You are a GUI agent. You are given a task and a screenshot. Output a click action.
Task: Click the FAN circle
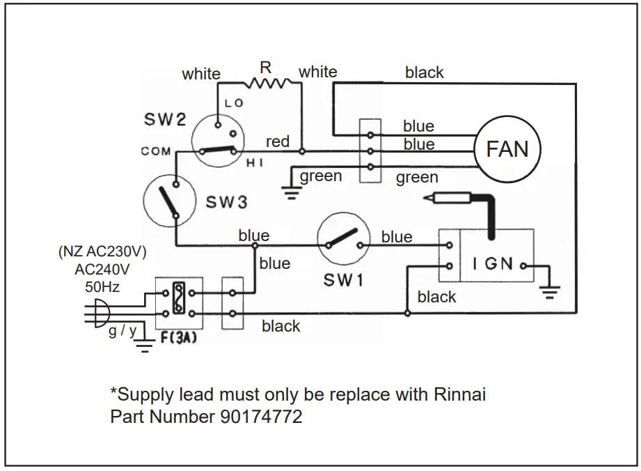pos(507,148)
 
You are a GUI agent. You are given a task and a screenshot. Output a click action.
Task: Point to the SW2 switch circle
pos(219,139)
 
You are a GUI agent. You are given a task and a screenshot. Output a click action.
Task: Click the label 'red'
pos(278,141)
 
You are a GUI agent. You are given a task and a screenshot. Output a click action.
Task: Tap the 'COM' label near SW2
pos(156,151)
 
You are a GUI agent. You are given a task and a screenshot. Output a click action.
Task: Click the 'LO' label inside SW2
pos(233,103)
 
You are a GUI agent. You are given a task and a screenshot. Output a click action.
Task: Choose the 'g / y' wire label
pos(122,330)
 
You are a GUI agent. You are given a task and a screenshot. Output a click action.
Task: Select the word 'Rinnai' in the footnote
pos(456,395)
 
